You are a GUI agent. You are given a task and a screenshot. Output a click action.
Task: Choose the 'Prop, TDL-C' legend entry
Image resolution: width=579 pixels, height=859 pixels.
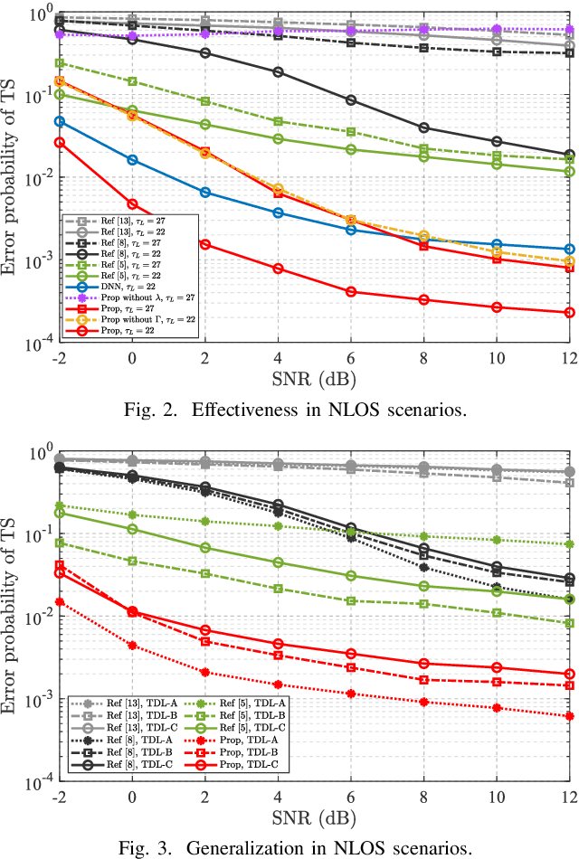point(236,765)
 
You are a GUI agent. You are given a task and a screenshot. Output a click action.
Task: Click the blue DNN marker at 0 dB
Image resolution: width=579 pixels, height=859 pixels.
point(132,160)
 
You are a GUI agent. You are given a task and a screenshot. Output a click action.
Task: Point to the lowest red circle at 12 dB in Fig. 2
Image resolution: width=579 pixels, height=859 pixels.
point(568,313)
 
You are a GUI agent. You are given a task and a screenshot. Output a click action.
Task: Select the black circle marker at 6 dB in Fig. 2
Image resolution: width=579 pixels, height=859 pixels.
point(350,99)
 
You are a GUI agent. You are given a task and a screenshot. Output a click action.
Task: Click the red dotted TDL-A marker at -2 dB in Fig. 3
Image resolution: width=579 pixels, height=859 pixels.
point(60,601)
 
